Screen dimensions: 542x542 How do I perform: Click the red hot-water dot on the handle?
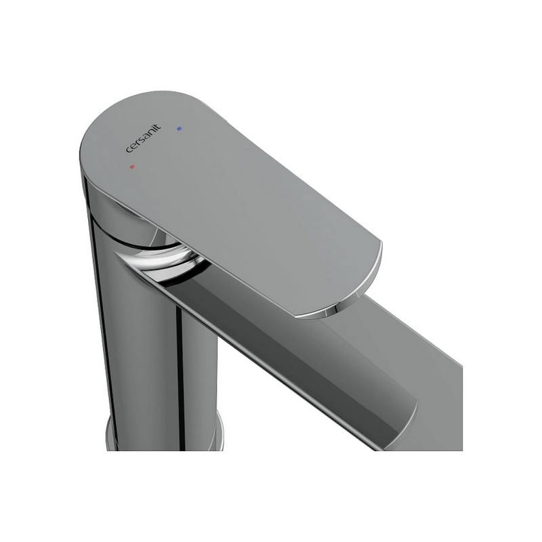coord(132,167)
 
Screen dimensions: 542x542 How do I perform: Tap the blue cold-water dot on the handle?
coord(179,129)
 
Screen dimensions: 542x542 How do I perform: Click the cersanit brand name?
coord(143,138)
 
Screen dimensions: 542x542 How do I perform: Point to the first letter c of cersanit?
coord(128,150)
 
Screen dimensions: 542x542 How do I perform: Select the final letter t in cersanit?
coord(158,127)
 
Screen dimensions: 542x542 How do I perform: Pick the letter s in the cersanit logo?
coord(140,141)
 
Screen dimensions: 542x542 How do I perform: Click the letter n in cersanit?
coord(150,133)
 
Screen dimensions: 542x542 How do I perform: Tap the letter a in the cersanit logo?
coord(145,137)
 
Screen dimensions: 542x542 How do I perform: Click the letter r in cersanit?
coord(136,144)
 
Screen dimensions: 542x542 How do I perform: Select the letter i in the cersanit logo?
coord(154,129)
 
